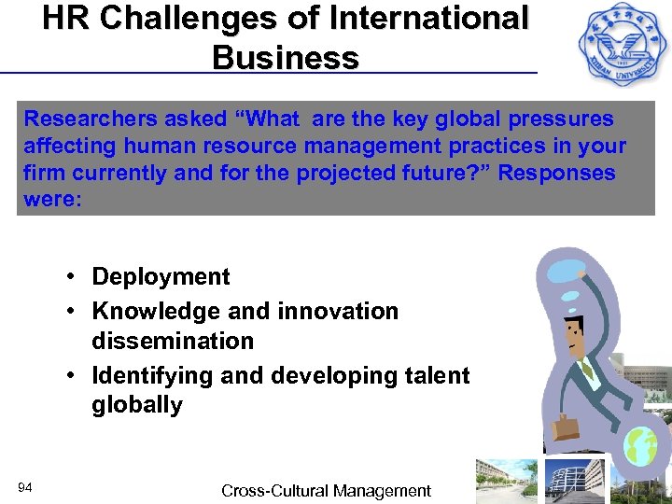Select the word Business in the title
tap(285, 58)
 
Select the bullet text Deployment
tap(161, 276)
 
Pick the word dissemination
tap(172, 341)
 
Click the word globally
tap(136, 405)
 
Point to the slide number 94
tap(25, 486)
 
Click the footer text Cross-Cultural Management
tap(326, 490)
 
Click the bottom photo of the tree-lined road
tap(506, 481)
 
